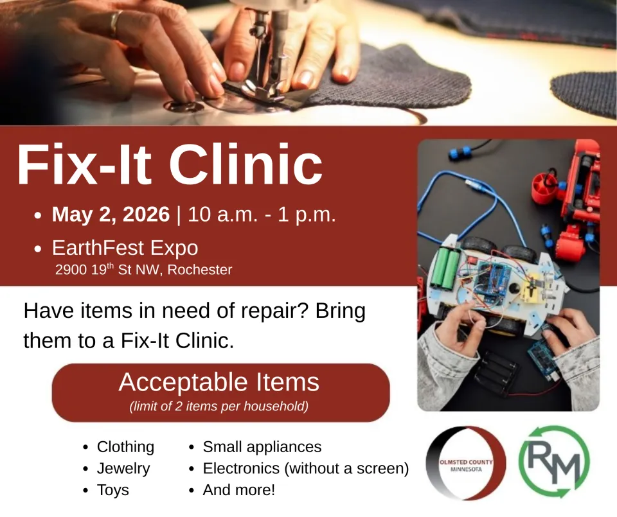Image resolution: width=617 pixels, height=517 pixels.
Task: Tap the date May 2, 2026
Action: tap(111, 215)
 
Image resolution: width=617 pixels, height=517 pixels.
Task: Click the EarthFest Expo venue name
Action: tap(125, 248)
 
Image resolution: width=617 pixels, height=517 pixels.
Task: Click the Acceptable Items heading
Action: tap(219, 383)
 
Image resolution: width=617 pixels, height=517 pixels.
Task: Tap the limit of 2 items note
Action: tap(219, 407)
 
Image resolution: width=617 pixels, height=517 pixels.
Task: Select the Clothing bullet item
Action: tap(125, 447)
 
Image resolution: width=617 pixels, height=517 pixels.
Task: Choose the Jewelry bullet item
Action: tap(123, 469)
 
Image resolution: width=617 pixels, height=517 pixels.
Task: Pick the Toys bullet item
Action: tap(112, 491)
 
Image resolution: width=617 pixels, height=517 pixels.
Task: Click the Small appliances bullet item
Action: tap(262, 447)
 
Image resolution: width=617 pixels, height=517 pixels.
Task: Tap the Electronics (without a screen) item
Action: tap(305, 469)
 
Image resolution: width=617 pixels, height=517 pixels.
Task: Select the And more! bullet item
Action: tap(238, 491)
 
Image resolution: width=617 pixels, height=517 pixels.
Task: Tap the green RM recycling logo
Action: tap(553, 462)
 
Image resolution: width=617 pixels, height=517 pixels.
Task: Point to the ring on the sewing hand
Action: tap(114, 24)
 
